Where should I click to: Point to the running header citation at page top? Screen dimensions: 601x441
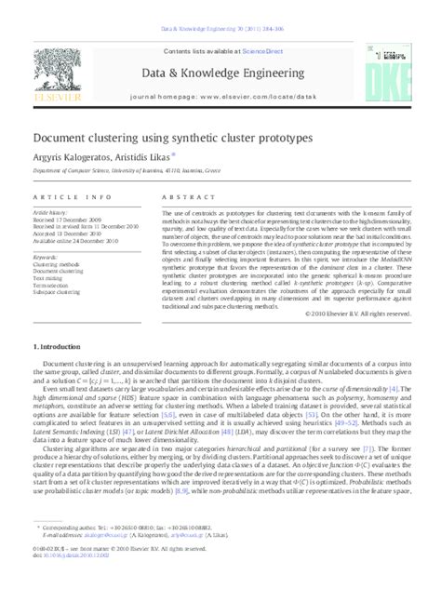point(220,7)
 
